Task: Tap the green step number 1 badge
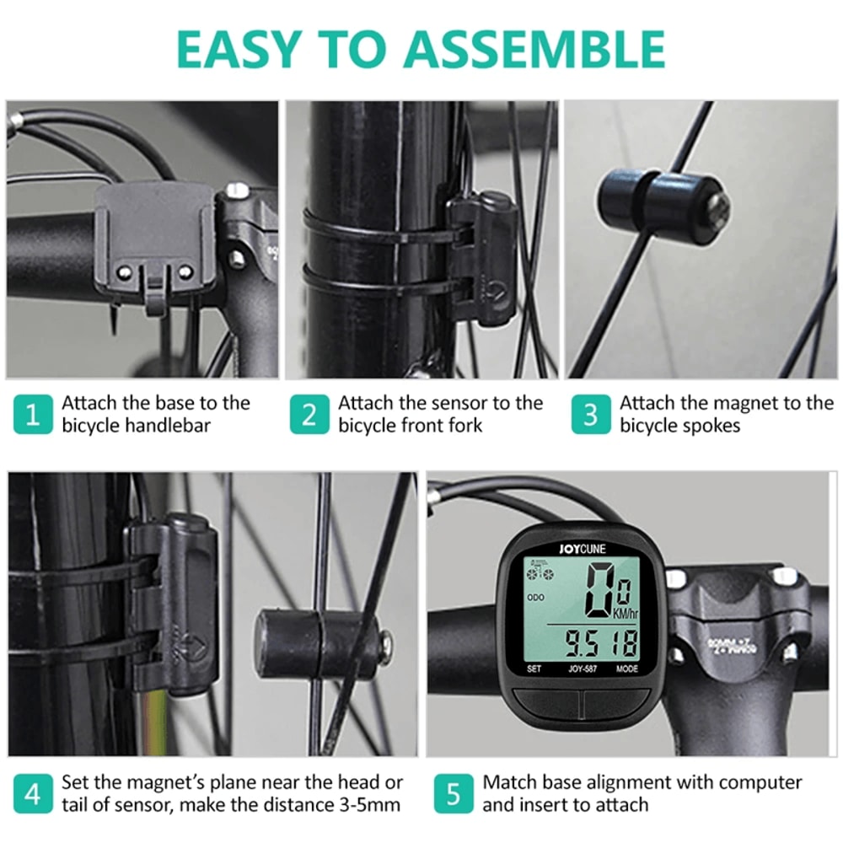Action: pyautogui.click(x=33, y=415)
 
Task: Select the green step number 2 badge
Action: pyautogui.click(x=309, y=415)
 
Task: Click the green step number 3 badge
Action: pyautogui.click(x=590, y=415)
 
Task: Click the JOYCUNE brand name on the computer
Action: pyautogui.click(x=582, y=547)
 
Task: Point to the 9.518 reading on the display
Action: pyautogui.click(x=601, y=645)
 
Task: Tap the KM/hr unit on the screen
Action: pyautogui.click(x=626, y=614)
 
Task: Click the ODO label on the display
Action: pyautogui.click(x=537, y=596)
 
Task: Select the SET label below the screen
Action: pyautogui.click(x=534, y=669)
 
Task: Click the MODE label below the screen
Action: pyautogui.click(x=626, y=669)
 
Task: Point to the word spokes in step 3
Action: pyautogui.click(x=709, y=426)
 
